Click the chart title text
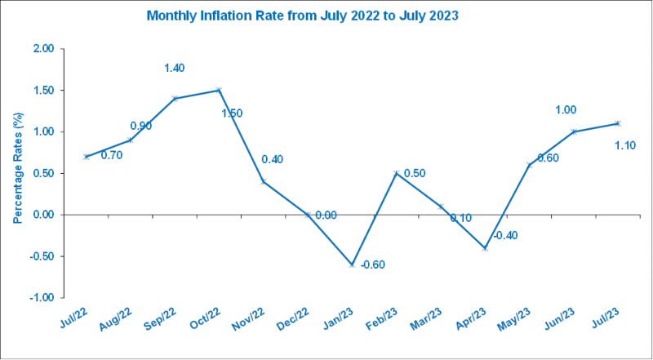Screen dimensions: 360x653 coord(301,15)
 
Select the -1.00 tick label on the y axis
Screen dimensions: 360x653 coord(42,298)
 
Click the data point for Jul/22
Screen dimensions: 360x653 coord(87,157)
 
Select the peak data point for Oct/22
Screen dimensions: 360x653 coord(219,90)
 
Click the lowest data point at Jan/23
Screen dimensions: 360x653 coord(352,265)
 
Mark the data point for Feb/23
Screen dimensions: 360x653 coord(396,173)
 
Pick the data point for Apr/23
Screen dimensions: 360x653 coord(485,248)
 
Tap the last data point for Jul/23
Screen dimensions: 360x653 coord(618,123)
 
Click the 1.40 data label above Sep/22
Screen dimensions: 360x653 coord(175,69)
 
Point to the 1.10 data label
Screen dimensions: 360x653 coord(624,145)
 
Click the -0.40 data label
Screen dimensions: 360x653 coord(506,236)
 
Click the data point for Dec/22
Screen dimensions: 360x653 coord(308,215)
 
